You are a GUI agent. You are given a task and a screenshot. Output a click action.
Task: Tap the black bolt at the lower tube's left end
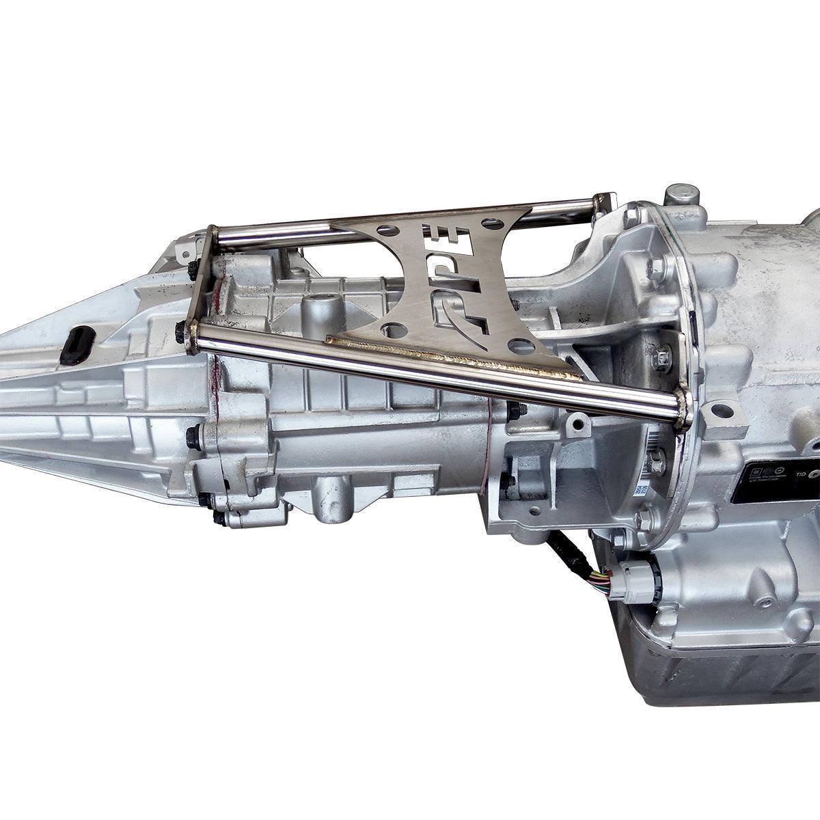182,334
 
